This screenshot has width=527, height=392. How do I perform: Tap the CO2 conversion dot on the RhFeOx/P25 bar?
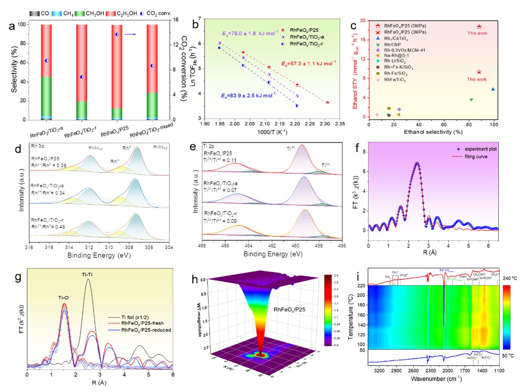pos(117,34)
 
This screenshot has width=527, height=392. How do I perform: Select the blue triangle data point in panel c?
pos(493,89)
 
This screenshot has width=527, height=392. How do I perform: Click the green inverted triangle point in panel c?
pos(471,100)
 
